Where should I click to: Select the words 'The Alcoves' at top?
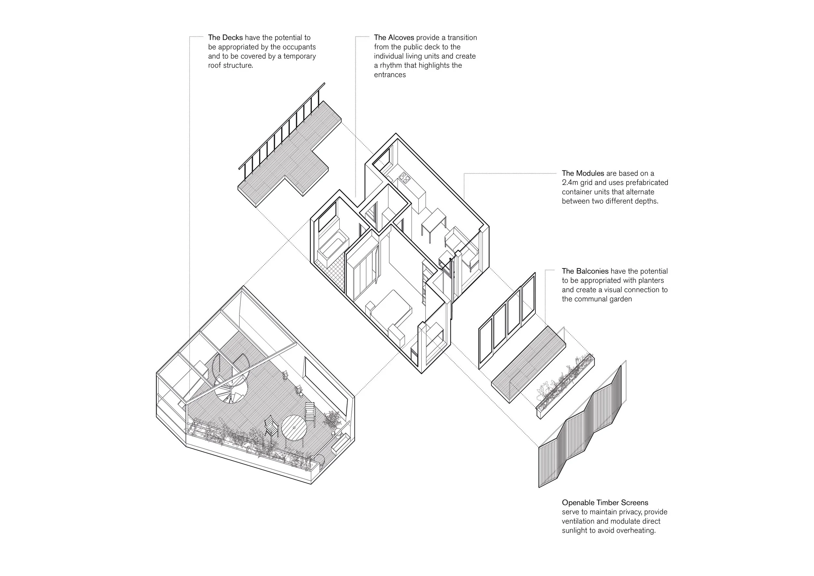(394, 37)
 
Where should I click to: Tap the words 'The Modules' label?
(583, 173)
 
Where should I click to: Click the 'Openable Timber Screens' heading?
(605, 503)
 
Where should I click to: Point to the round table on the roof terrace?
(294, 427)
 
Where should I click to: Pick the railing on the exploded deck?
(282, 126)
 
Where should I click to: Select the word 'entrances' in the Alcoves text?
(390, 75)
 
